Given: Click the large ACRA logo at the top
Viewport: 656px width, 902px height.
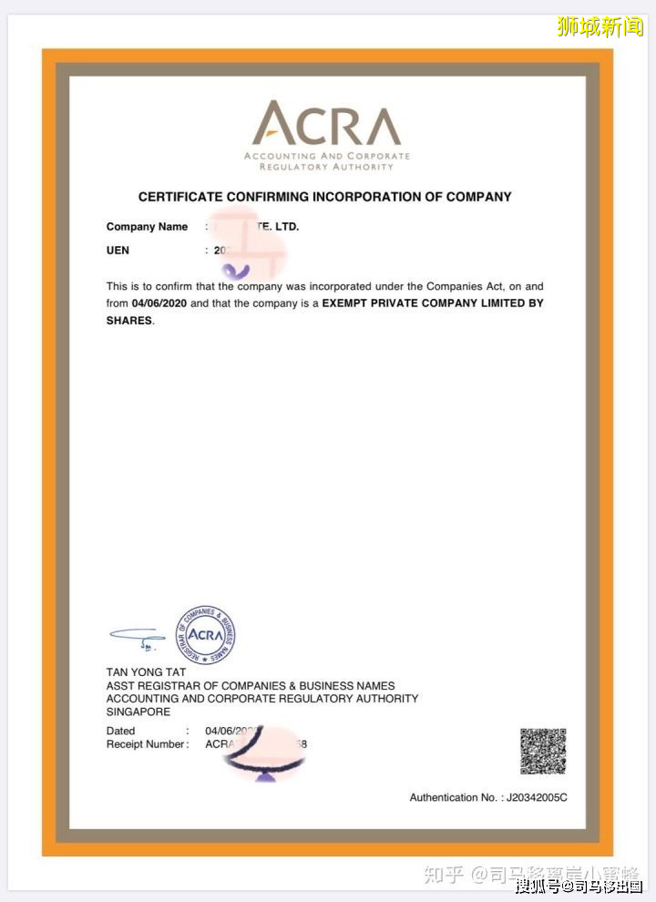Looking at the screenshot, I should (326, 125).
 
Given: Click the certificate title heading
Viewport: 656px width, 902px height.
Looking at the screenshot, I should (324, 197).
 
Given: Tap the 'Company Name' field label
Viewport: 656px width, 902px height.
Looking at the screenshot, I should (147, 227).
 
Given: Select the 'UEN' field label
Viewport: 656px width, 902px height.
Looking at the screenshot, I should (118, 251).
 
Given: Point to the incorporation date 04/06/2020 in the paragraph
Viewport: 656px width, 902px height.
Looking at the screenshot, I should (159, 303).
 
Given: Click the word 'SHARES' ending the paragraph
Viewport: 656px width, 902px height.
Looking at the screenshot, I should (128, 321).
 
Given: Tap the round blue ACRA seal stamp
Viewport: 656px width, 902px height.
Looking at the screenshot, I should (206, 635).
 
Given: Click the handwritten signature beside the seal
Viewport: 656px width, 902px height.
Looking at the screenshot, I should (137, 636).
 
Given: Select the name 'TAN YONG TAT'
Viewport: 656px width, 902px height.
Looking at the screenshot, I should (146, 672).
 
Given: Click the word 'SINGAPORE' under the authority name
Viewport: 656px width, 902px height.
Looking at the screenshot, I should (138, 712).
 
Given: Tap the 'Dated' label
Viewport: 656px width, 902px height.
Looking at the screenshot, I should (120, 731).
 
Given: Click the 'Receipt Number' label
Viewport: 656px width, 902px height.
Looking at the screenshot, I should (147, 744).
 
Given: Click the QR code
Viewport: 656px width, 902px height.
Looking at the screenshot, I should (543, 752).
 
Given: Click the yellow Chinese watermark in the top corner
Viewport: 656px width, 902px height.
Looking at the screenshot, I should (600, 26).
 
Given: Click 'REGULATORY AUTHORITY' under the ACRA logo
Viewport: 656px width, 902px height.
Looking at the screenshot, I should (326, 168).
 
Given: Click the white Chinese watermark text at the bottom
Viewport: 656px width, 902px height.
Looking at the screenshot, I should (579, 886).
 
